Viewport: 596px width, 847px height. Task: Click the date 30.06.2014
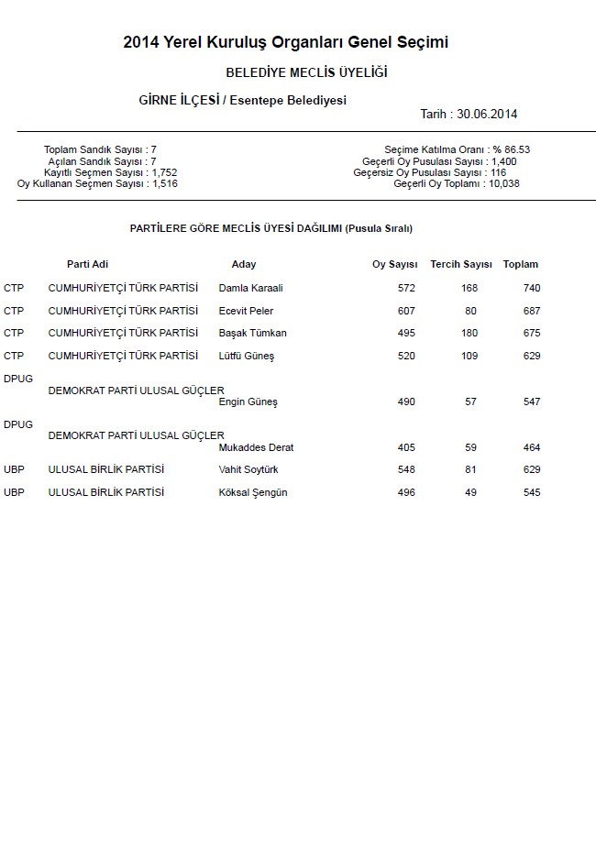pyautogui.click(x=493, y=115)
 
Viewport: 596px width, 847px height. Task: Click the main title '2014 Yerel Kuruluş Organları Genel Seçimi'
pyautogui.click(x=285, y=42)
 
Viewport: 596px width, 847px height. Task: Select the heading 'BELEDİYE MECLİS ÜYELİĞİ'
pyautogui.click(x=306, y=71)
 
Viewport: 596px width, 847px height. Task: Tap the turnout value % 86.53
pyautogui.click(x=511, y=149)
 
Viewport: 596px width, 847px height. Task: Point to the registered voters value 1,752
pyautogui.click(x=164, y=172)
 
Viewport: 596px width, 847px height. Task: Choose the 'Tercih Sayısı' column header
pyautogui.click(x=461, y=265)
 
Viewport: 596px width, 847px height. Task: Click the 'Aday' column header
pyautogui.click(x=244, y=265)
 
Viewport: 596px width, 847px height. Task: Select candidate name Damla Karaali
pyautogui.click(x=250, y=289)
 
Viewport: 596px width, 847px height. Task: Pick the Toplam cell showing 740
pyautogui.click(x=531, y=289)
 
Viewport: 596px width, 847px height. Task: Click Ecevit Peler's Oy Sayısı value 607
pyautogui.click(x=406, y=312)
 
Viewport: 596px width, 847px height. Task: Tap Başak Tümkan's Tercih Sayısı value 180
pyautogui.click(x=469, y=334)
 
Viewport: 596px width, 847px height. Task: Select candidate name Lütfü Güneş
pyautogui.click(x=246, y=357)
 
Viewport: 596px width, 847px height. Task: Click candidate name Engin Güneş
pyautogui.click(x=248, y=402)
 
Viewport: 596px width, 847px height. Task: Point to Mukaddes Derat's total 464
pyautogui.click(x=531, y=448)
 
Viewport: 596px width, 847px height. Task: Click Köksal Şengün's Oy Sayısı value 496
pyautogui.click(x=406, y=493)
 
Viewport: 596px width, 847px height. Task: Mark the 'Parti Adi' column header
pyautogui.click(x=90, y=265)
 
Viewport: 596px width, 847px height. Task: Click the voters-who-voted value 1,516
pyautogui.click(x=164, y=184)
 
